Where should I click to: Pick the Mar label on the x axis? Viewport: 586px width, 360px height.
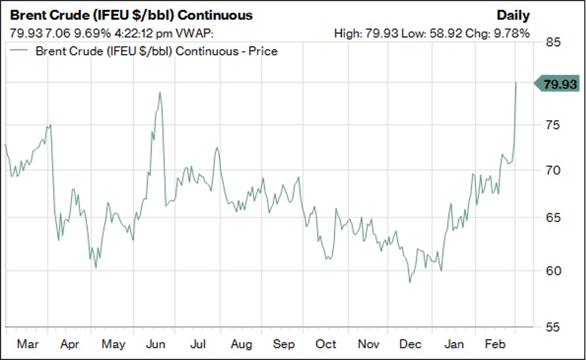(28, 344)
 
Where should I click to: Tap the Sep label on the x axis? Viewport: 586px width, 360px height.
(284, 344)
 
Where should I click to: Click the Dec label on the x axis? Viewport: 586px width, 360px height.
(411, 344)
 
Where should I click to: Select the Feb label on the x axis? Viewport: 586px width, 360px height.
(495, 344)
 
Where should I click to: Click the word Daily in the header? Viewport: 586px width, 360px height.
(513, 15)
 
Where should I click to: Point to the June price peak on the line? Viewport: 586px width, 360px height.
(160, 93)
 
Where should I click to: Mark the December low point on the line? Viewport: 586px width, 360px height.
(410, 282)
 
